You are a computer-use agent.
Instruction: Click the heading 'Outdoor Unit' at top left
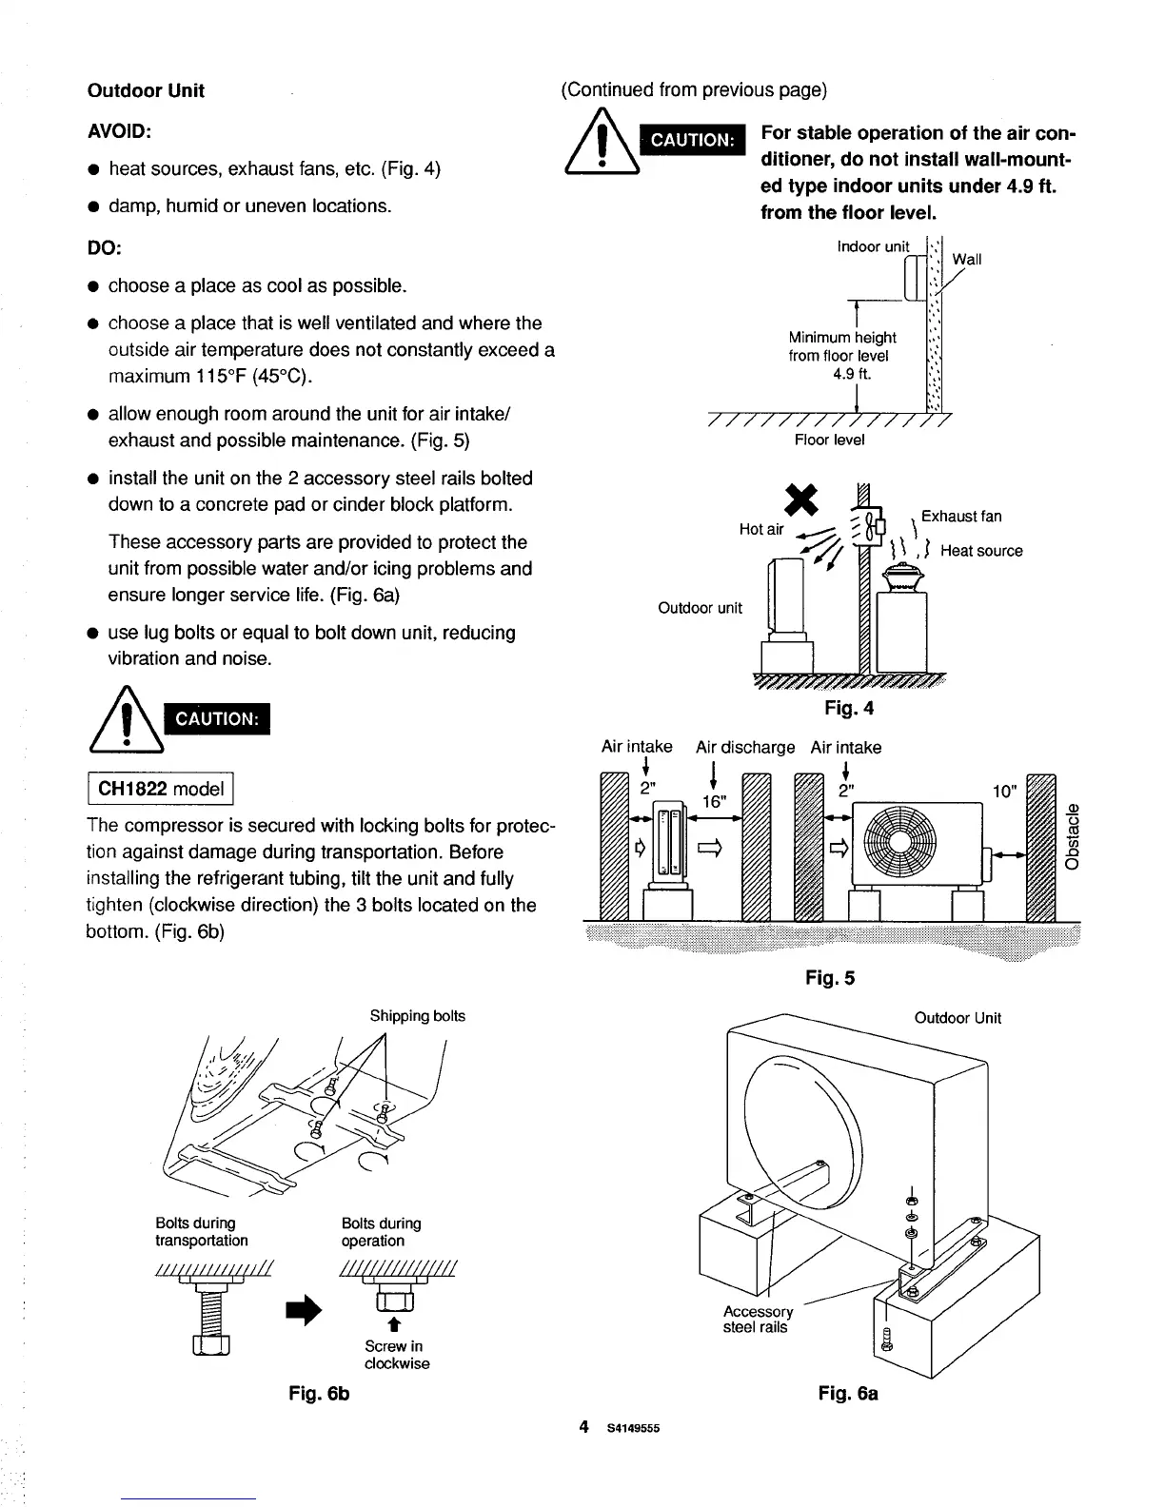point(146,91)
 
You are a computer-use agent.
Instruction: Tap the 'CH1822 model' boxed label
point(161,789)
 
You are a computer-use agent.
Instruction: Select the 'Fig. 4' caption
point(849,709)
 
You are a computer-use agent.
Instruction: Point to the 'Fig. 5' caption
point(830,978)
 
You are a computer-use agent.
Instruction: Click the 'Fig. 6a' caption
point(848,1394)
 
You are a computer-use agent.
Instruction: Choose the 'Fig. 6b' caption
point(320,1394)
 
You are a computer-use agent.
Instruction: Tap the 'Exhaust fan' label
point(961,517)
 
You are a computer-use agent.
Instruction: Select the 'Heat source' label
point(981,551)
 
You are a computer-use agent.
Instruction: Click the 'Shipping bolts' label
point(418,1016)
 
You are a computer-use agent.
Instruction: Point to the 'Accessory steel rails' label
point(758,1319)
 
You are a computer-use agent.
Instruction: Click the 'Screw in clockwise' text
point(397,1355)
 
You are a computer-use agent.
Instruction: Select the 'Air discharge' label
point(745,748)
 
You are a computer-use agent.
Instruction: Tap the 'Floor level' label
point(830,440)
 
